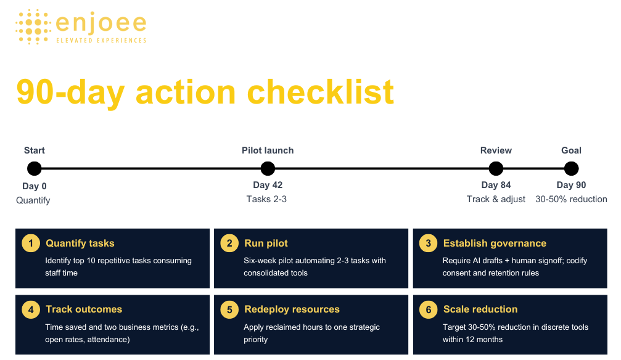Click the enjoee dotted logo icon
33,27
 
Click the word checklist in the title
321,92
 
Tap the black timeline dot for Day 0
35,168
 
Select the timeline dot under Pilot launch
268,168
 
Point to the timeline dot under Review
496,168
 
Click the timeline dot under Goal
571,168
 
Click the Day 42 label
268,185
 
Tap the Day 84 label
496,185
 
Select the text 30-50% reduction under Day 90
571,199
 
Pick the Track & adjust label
496,199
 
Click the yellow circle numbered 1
31,243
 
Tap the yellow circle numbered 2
229,243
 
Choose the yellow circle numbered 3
428,243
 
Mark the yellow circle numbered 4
31,309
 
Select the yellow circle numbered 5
229,309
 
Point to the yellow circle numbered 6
428,309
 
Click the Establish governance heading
495,243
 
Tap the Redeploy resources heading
292,309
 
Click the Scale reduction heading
480,309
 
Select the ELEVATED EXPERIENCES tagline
101,41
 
